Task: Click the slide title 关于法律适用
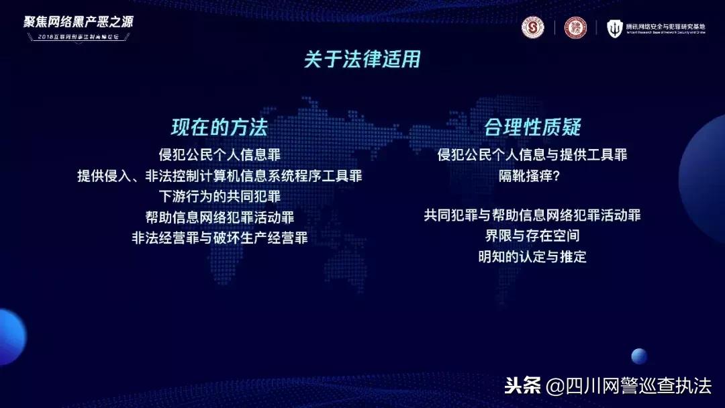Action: (x=362, y=60)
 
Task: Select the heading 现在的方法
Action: (x=220, y=127)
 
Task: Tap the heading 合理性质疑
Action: (x=532, y=127)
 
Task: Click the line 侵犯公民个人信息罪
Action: (x=220, y=155)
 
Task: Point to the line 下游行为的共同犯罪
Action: (x=220, y=197)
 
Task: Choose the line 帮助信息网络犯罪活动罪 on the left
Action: (x=220, y=217)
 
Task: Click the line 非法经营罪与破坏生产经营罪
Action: (x=220, y=238)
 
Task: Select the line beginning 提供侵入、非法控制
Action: (x=220, y=176)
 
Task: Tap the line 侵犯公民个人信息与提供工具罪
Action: (x=532, y=155)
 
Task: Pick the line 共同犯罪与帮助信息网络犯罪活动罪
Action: (x=532, y=215)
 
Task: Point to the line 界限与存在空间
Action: (x=532, y=236)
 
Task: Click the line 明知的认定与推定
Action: (x=532, y=256)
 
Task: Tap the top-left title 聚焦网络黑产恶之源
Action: (x=79, y=21)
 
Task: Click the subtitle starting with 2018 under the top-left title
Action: (x=79, y=36)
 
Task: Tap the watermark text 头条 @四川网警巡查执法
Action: (x=608, y=386)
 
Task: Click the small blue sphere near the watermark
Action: (x=639, y=356)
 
